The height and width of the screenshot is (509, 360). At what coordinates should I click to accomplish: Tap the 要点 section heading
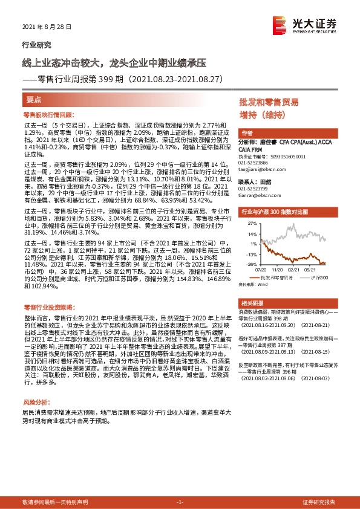[34, 98]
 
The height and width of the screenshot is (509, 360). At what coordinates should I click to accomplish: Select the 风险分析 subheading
[36, 384]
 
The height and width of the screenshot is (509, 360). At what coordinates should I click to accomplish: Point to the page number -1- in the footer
[179, 502]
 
